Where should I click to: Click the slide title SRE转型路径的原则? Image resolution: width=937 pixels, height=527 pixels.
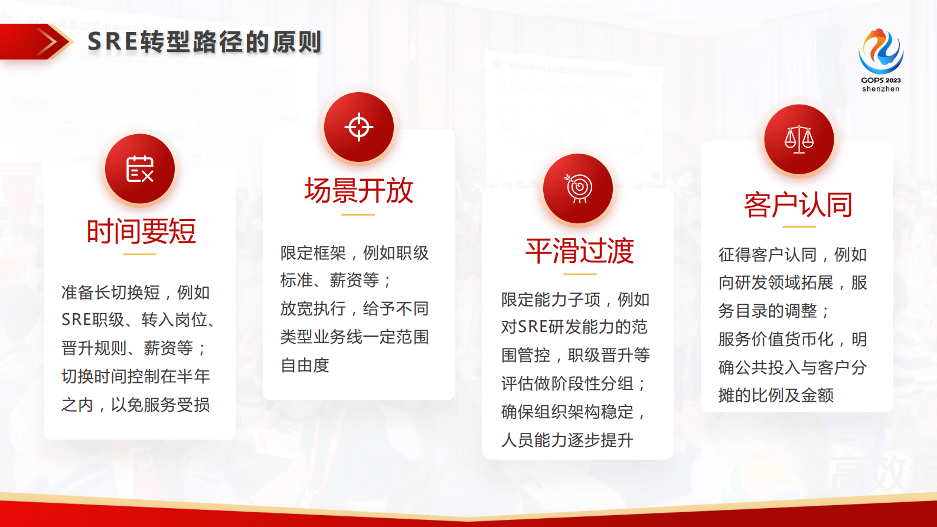click(204, 42)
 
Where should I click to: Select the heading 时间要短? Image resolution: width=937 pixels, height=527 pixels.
click(141, 231)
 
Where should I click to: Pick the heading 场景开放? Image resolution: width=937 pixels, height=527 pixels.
click(358, 191)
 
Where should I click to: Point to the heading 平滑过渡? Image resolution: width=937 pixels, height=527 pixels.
click(579, 251)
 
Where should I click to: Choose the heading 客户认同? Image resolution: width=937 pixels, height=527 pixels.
click(798, 205)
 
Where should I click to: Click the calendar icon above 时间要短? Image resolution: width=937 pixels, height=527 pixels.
click(140, 169)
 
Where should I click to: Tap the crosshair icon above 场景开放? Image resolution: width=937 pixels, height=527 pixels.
click(358, 127)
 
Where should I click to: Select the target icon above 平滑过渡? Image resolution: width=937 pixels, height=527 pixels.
click(578, 188)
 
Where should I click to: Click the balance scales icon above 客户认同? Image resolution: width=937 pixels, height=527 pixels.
click(799, 139)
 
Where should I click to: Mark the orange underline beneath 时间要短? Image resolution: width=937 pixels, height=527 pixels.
click(140, 254)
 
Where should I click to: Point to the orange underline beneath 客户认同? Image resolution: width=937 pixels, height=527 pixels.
click(799, 226)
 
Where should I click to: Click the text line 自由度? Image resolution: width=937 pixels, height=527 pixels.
click(305, 365)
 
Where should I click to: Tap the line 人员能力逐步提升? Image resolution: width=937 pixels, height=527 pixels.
click(567, 440)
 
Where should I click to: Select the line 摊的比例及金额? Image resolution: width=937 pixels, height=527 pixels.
click(776, 395)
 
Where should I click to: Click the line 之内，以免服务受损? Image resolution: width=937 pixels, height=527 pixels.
click(135, 405)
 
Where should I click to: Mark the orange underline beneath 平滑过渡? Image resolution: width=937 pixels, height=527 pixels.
click(579, 274)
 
